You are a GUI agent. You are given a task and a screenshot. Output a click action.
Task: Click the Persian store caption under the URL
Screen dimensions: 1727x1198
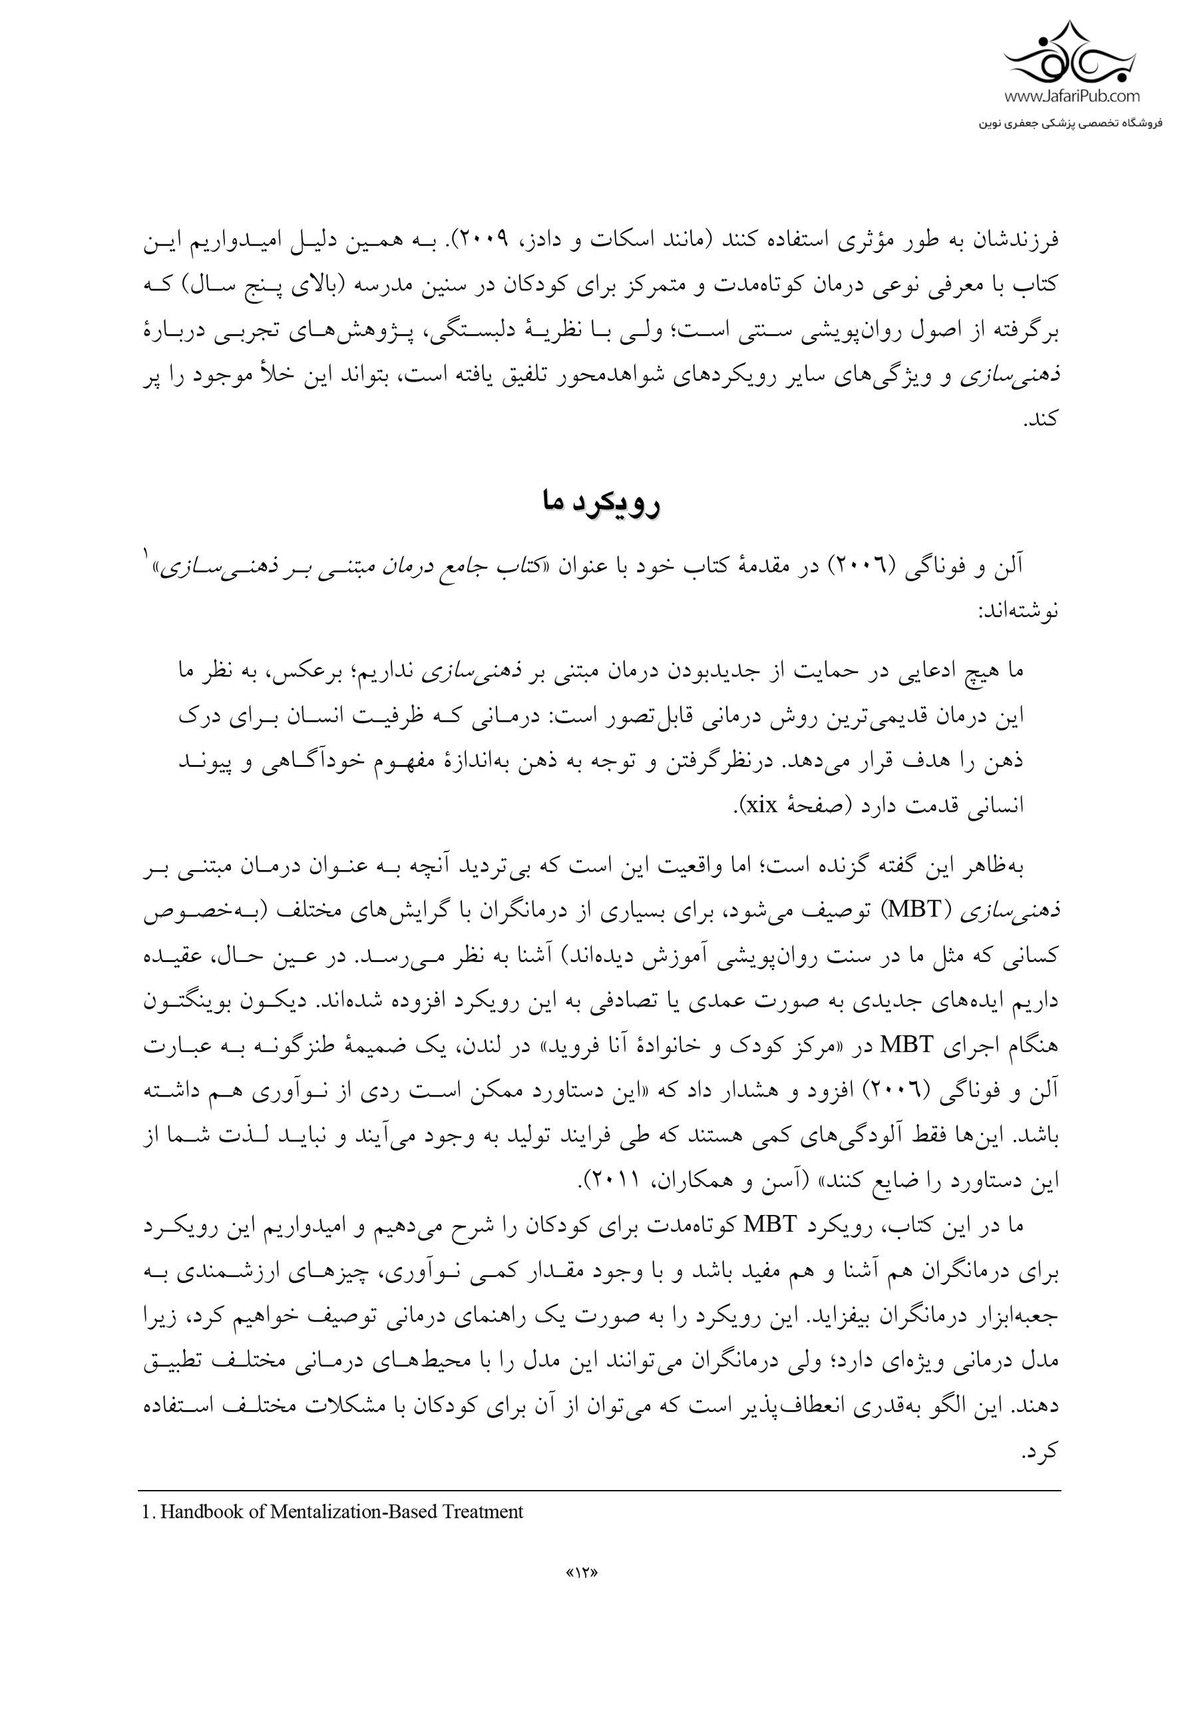1070,121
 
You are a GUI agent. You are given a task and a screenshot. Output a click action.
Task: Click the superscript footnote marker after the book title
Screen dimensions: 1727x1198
146,553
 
